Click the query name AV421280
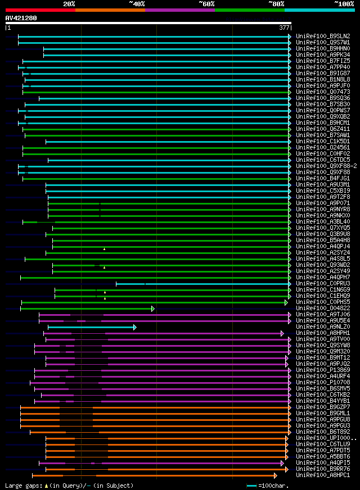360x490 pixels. pos(21,18)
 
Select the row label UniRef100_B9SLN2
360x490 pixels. pos(323,36)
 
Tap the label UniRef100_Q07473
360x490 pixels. pos(323,92)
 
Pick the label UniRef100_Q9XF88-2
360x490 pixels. pos(326,166)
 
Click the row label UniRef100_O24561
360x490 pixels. pos(323,147)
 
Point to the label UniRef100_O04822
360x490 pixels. pos(323,308)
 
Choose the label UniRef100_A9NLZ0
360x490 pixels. pos(323,326)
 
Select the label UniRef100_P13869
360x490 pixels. pos(323,370)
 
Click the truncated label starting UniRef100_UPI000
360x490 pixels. pos(326,438)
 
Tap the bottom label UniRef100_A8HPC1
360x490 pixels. pos(323,475)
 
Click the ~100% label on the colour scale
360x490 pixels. pos(344,3)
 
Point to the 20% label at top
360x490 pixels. pos(69,3)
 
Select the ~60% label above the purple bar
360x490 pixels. pos(206,3)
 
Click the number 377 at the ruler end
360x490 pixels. pos(284,28)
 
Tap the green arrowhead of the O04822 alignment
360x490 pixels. pos(153,308)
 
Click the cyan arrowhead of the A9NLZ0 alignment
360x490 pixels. pos(134,326)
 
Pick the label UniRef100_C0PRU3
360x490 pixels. pos(323,283)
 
